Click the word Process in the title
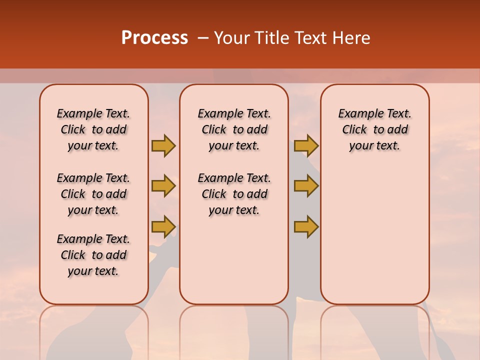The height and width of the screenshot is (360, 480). click(154, 38)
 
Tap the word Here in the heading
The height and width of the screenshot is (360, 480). click(352, 38)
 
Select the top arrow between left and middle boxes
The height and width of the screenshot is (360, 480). click(163, 146)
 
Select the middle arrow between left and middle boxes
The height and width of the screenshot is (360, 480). click(163, 186)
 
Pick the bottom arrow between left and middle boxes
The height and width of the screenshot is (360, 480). click(163, 226)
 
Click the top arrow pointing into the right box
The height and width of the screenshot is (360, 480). click(306, 146)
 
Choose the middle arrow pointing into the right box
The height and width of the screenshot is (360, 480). click(306, 186)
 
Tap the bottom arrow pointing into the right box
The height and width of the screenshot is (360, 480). click(306, 226)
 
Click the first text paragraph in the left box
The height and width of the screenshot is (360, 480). click(93, 129)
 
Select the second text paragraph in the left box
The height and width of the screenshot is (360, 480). click(93, 194)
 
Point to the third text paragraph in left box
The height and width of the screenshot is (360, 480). click(93, 255)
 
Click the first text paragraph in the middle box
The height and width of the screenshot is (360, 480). click(234, 129)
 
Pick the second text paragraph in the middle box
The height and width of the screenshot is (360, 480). click(234, 194)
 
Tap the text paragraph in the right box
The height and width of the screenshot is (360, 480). click(374, 129)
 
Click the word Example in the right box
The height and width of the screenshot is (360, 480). click(357, 113)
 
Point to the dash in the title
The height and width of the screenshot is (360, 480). click(202, 38)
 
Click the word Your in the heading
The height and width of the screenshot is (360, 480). click(232, 38)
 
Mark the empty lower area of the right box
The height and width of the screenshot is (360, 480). click(374, 235)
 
